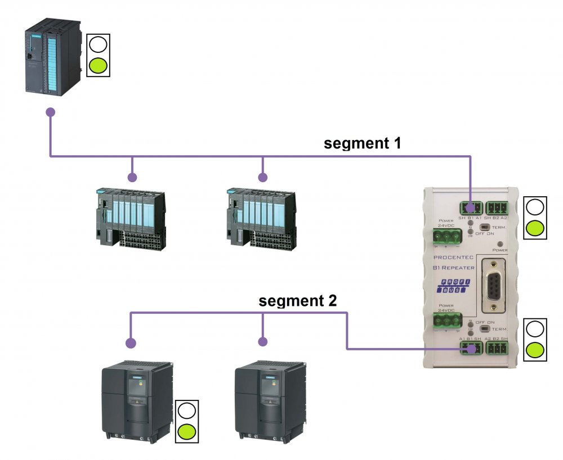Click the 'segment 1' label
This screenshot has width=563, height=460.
tap(362, 143)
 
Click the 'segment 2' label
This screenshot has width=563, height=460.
tap(298, 300)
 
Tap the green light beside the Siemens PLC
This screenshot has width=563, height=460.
tap(98, 65)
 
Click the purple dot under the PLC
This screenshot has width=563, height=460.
tap(51, 112)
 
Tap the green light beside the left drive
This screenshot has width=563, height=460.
tap(186, 432)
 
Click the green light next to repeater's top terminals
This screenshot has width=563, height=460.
tap(535, 228)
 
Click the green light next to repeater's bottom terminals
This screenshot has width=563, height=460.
tap(535, 350)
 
